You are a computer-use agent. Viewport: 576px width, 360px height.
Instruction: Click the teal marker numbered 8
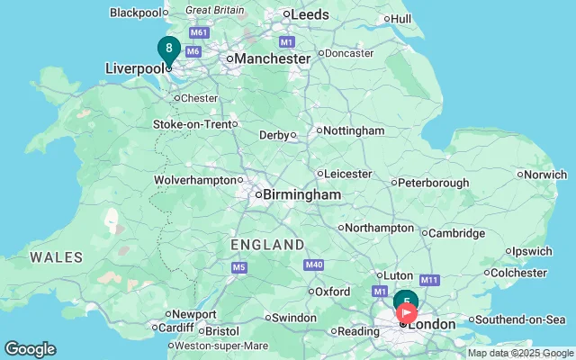point(168,49)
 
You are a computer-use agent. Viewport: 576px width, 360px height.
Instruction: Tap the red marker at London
point(407,314)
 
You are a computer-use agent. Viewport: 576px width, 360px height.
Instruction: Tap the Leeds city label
point(310,14)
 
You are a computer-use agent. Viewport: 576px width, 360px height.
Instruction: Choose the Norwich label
point(546,175)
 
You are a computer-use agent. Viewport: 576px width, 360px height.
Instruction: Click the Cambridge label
point(456,233)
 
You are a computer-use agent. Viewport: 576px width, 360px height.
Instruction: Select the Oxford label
point(332,292)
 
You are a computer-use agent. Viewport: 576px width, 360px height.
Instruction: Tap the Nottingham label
point(354,130)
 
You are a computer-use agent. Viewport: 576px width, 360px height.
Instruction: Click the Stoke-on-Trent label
point(193,124)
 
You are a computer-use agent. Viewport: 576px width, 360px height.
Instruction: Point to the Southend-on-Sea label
point(520,319)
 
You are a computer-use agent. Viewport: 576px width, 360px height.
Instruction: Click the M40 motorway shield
point(314,265)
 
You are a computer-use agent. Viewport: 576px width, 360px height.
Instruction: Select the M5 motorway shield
point(238,267)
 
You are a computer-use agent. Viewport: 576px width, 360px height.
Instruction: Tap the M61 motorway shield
point(199,33)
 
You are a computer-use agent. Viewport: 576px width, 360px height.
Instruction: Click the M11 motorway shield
point(427,281)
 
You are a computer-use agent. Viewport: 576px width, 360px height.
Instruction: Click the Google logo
point(30,349)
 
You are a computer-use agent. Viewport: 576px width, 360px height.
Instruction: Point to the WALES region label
point(57,257)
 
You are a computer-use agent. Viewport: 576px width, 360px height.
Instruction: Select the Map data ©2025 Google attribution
point(519,353)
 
